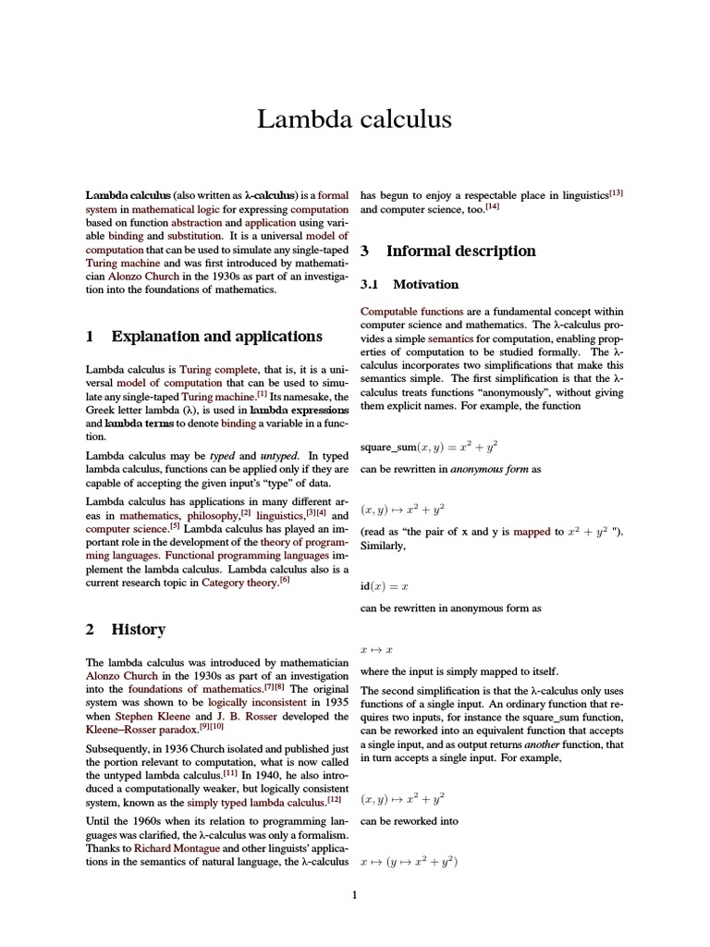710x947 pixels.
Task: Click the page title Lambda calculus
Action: [354, 119]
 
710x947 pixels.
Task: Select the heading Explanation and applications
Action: [216, 336]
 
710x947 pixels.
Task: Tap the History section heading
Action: [138, 629]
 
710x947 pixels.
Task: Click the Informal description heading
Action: [460, 251]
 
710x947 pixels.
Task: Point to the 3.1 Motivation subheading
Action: [425, 284]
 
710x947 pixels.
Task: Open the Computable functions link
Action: [406, 312]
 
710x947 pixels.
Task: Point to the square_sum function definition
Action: [429, 446]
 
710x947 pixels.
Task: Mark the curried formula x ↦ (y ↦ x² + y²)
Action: [410, 862]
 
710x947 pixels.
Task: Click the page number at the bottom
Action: [354, 893]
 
